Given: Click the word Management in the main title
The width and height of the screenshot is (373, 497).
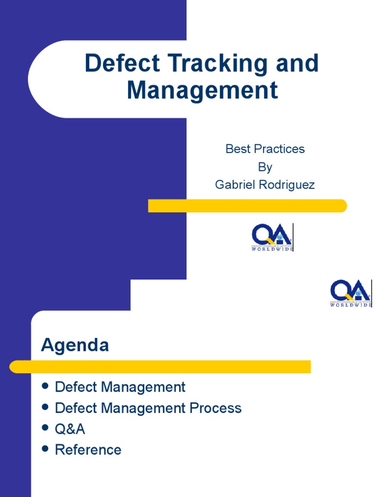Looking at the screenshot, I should tap(203, 90).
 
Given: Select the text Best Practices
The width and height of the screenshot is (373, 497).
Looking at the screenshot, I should tap(265, 149).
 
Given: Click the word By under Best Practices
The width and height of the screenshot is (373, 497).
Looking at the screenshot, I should tap(265, 167).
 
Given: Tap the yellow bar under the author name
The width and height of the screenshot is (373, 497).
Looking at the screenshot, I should tap(247, 206).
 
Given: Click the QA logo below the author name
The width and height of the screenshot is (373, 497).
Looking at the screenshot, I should tap(272, 237).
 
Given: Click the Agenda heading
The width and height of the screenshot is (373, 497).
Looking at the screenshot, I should tap(75, 346).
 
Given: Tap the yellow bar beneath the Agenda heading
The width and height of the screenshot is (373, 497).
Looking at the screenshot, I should tap(160, 366).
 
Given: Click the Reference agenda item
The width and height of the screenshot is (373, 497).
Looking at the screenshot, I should tap(88, 450).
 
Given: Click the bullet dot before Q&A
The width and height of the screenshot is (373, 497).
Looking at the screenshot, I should tap(46, 428).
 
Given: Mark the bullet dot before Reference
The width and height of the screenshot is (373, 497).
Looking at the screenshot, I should tap(46, 448).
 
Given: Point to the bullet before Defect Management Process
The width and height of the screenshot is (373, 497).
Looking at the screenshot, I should tap(46, 407).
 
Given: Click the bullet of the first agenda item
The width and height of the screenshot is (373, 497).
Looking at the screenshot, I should tap(46, 386).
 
